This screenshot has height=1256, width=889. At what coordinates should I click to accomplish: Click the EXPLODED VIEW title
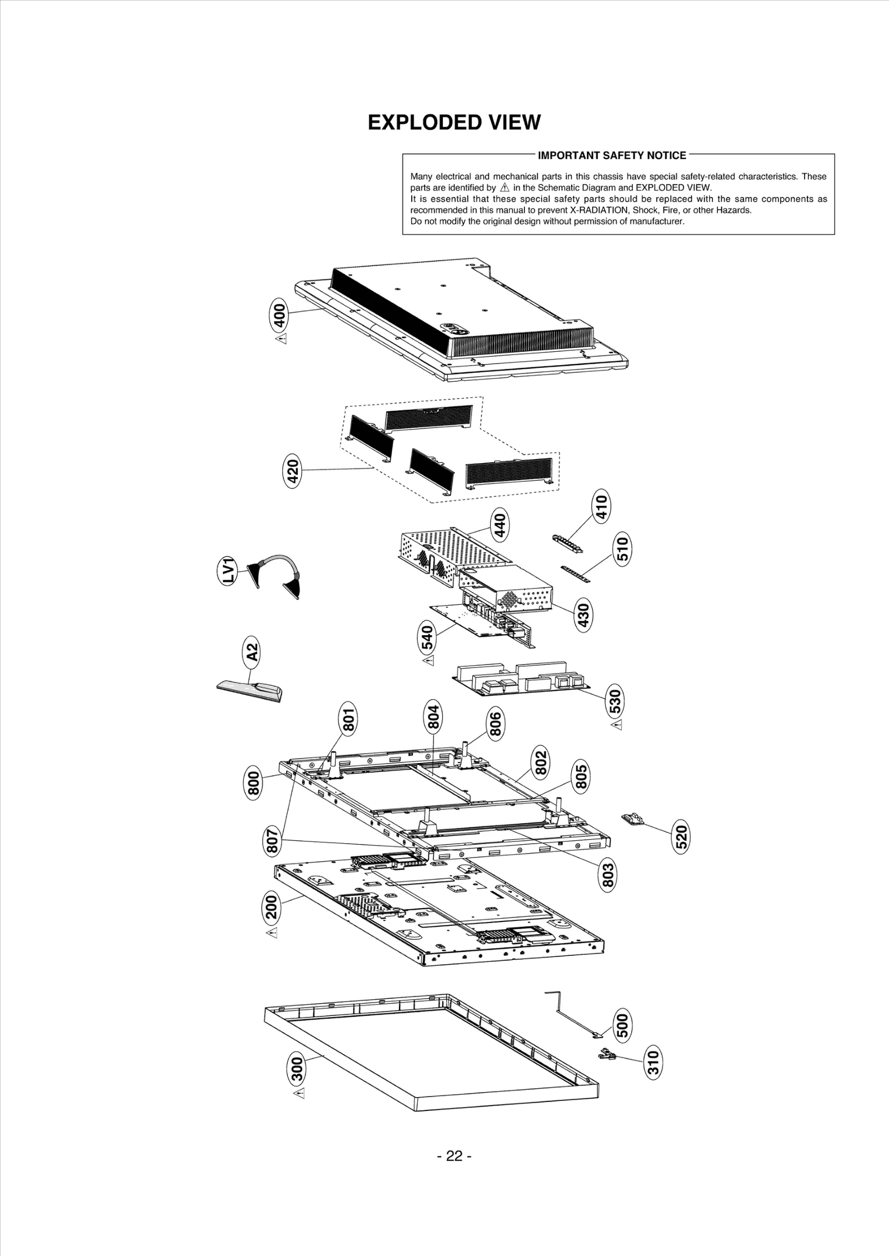454,123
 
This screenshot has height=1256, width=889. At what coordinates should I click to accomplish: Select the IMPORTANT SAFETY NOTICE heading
612,156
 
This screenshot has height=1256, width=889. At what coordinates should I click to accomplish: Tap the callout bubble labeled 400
279,315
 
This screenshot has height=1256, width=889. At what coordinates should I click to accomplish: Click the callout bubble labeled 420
293,471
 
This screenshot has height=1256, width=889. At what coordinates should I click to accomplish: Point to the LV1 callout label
228,571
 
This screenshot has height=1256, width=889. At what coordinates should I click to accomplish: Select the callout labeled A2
252,651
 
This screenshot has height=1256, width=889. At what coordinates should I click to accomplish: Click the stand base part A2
250,689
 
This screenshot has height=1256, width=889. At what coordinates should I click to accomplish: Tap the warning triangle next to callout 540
428,660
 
